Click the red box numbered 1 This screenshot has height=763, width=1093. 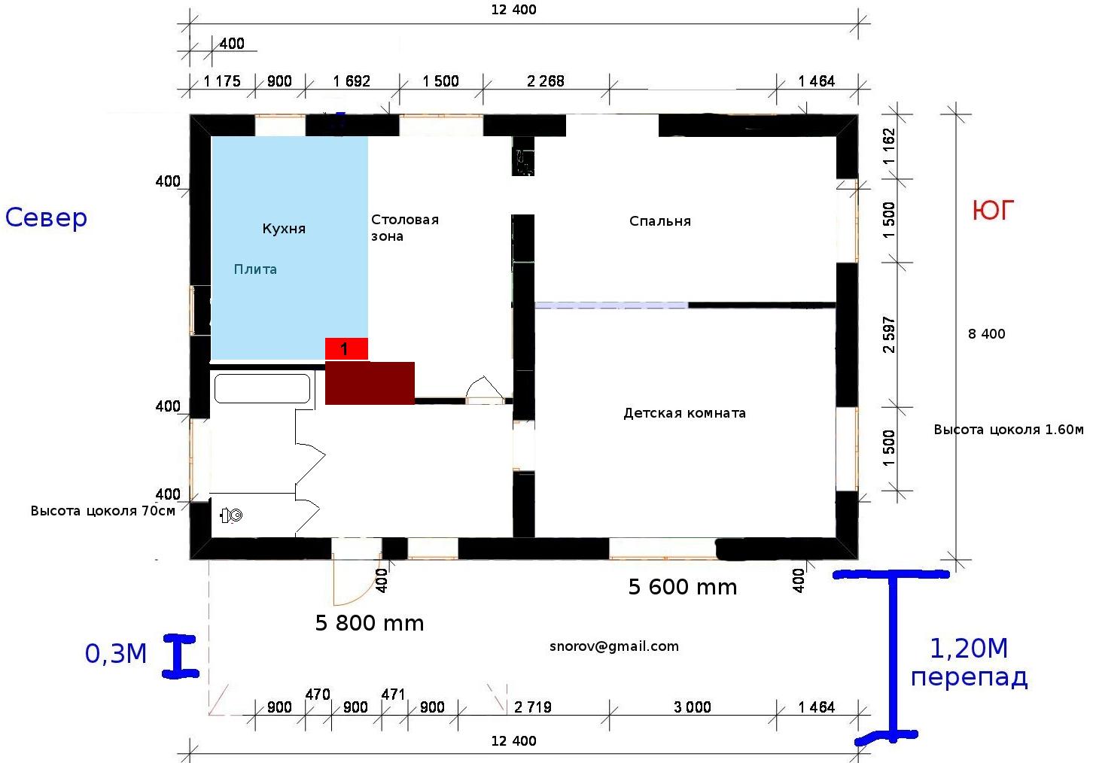click(346, 349)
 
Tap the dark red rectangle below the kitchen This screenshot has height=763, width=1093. click(370, 383)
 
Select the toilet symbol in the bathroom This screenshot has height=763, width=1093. click(231, 515)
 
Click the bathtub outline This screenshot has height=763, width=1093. click(262, 388)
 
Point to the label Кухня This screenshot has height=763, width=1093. click(284, 229)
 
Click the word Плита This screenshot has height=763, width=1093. click(255, 269)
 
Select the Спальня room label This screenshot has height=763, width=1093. click(660, 221)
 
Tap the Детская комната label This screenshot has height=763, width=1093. click(684, 413)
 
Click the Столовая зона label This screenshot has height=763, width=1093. click(405, 228)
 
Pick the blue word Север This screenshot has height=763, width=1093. click(46, 217)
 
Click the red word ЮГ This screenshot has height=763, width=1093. click(993, 210)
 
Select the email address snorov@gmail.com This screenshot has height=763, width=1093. click(613, 646)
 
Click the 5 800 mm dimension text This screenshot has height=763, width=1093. click(370, 623)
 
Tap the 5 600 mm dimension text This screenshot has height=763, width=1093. click(683, 587)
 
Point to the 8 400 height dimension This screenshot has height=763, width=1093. click(987, 333)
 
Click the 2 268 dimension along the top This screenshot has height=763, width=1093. click(546, 81)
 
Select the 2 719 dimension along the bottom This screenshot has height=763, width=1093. click(533, 707)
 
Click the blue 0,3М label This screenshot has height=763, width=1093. click(116, 653)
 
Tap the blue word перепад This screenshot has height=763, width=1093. click(969, 678)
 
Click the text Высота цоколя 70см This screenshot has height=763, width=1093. click(103, 511)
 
